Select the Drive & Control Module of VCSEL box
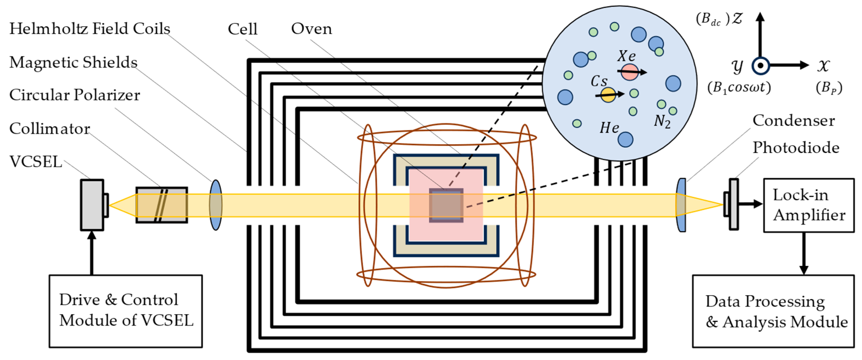(x=126, y=311)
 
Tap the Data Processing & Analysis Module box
(x=773, y=311)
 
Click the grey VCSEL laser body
(x=92, y=205)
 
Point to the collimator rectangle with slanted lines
(x=162, y=205)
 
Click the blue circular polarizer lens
(x=216, y=205)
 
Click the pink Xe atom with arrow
(x=629, y=72)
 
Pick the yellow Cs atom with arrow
(x=608, y=95)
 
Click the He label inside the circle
(x=609, y=128)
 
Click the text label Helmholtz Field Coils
(x=90, y=29)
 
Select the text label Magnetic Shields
(x=73, y=62)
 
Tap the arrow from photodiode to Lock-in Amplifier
(x=749, y=203)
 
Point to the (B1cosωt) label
(x=739, y=88)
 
